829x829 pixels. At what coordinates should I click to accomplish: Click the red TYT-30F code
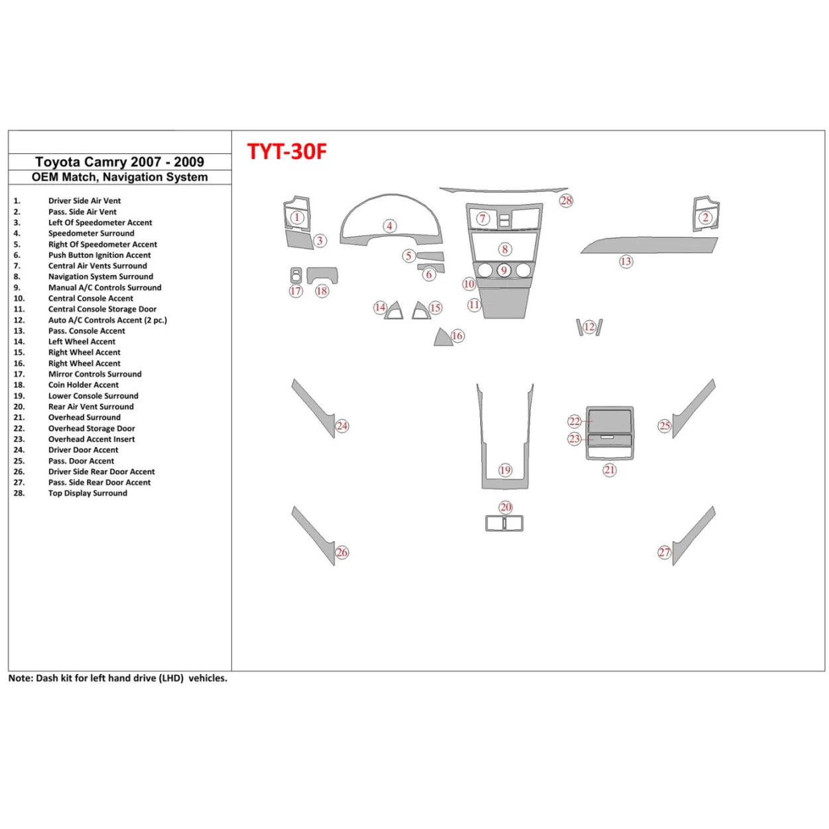(287, 152)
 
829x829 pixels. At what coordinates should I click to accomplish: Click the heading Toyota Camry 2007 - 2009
(119, 162)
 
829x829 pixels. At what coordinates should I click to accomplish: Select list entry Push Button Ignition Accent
(99, 255)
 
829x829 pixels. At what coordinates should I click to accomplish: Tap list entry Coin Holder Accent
(84, 385)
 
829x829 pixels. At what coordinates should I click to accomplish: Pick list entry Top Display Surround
(88, 493)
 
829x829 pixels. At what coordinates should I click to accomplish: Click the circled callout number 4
(390, 226)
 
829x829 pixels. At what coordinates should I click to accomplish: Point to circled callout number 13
(626, 261)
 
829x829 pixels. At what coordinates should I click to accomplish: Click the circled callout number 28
(566, 200)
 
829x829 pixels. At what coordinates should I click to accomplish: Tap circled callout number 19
(505, 470)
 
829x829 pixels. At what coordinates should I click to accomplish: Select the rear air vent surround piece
(504, 524)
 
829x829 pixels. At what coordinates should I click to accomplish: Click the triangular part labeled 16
(442, 339)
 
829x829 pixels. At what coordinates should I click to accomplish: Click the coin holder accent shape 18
(323, 275)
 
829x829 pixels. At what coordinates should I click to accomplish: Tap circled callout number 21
(609, 470)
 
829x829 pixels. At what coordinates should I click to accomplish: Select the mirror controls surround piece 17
(296, 275)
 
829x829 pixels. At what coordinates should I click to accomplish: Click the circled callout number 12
(590, 327)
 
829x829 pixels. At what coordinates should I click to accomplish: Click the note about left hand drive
(117, 678)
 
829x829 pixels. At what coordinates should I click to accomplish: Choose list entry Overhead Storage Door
(92, 428)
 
